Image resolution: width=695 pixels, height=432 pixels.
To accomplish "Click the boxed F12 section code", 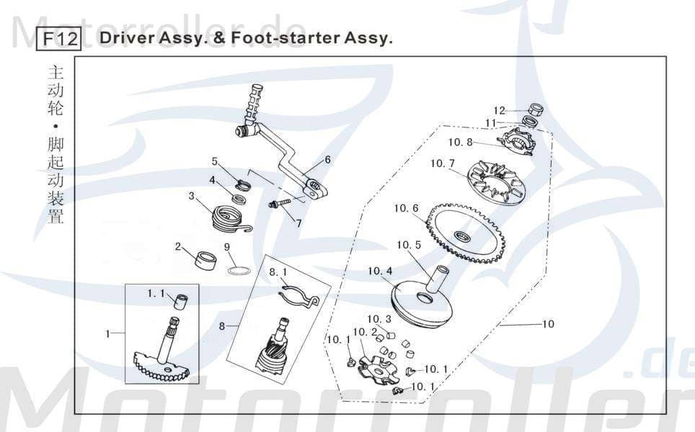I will tap(59, 38).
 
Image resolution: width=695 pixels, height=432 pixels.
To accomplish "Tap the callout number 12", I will tap(499, 111).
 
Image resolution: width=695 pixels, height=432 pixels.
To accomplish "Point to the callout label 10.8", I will tap(460, 143).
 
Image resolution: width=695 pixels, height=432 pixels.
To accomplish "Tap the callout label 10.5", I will tap(408, 245).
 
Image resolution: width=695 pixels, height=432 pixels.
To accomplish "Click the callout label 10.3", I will tap(379, 319).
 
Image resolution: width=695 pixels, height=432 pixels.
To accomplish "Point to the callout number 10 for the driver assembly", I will tap(548, 324).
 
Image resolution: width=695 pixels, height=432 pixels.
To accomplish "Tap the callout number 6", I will tap(327, 160).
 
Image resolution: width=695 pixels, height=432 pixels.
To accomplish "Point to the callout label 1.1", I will tap(156, 294).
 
